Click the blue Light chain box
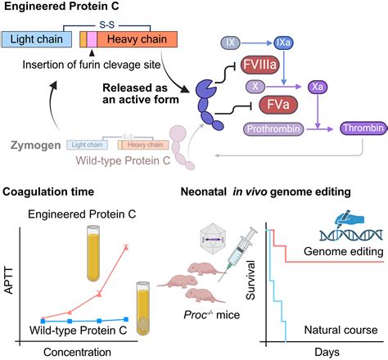click(x=38, y=38)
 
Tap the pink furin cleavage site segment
click(x=92, y=38)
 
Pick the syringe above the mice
click(x=237, y=245)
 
